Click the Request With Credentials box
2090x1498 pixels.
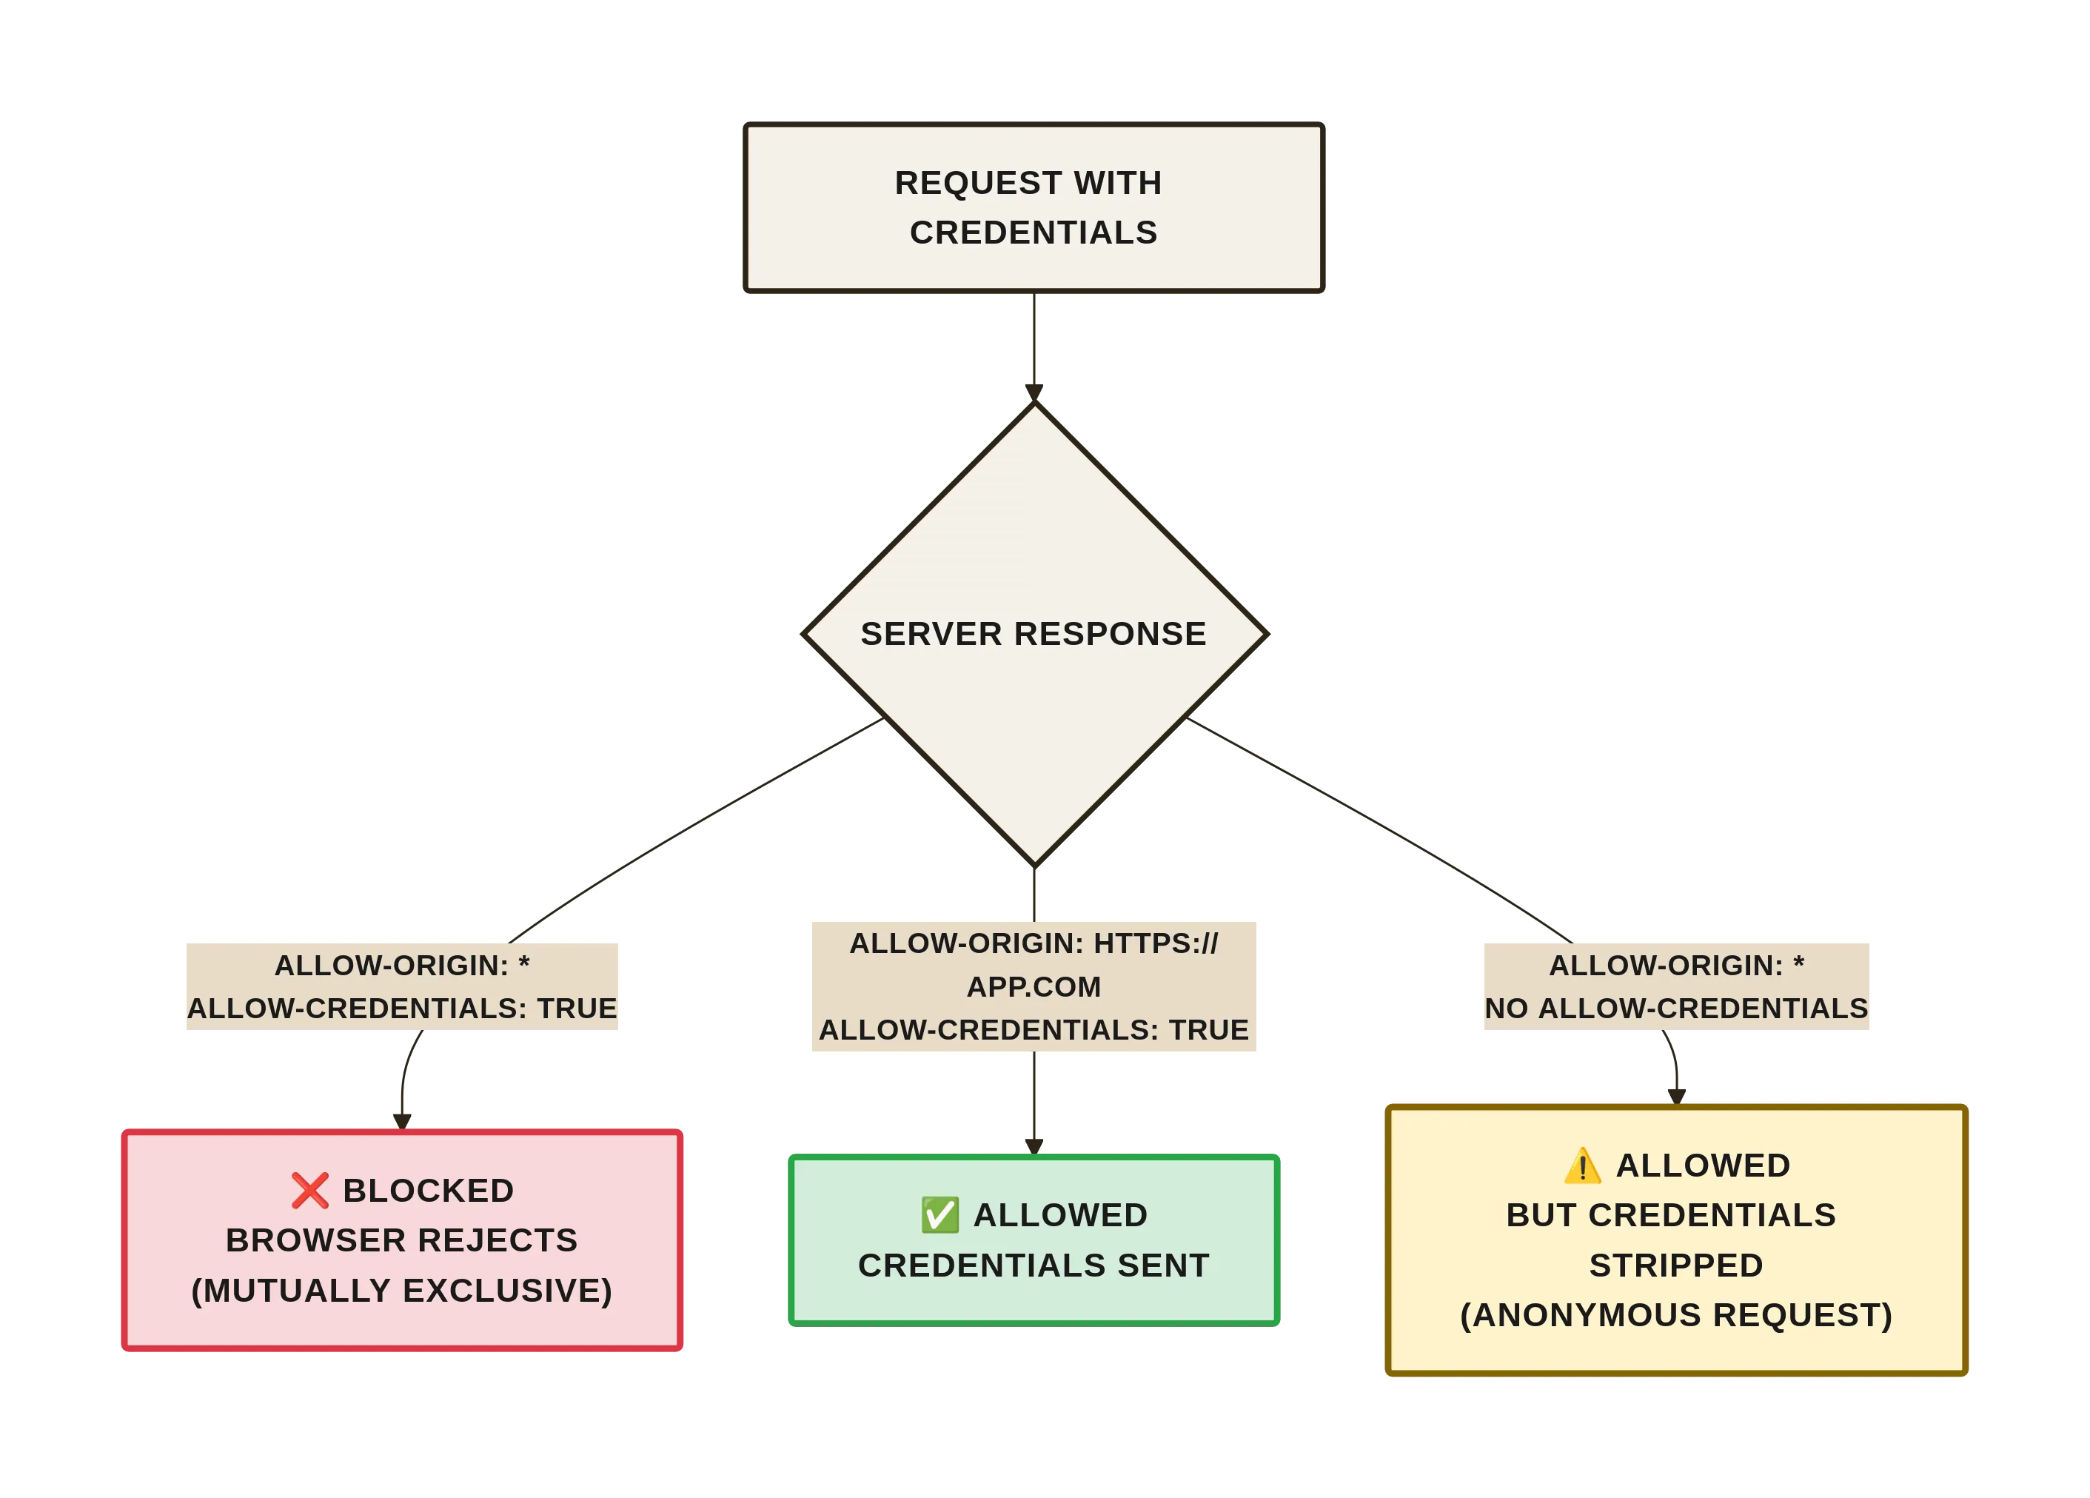[1033, 207]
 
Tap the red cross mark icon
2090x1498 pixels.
[309, 1190]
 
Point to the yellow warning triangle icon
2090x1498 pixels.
[1582, 1166]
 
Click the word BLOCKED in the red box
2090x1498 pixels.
[429, 1190]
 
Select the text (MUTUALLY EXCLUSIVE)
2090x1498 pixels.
[402, 1291]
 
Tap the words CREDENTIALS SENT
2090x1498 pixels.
[1033, 1265]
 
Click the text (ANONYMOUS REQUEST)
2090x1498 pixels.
[1676, 1314]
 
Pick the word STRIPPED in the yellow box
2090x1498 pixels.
[1676, 1265]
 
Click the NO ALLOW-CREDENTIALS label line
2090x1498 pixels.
[1676, 1009]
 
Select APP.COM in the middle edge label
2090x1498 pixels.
[1033, 986]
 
